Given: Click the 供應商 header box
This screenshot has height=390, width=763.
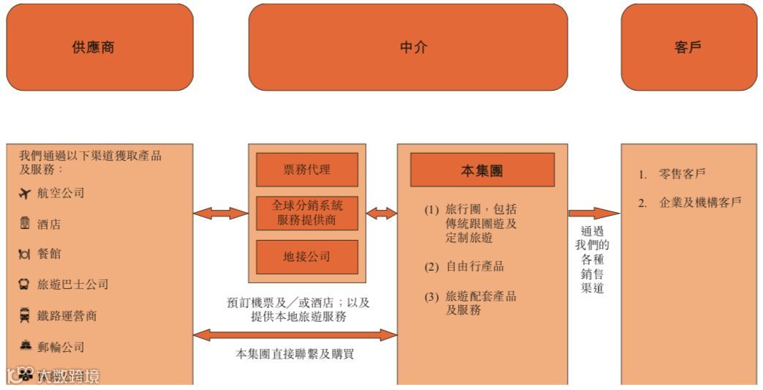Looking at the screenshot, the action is (99, 48).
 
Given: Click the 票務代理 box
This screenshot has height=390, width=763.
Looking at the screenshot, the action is (307, 170).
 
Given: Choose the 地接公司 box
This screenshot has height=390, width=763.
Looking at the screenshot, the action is (307, 257).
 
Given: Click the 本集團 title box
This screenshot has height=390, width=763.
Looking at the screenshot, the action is (481, 170).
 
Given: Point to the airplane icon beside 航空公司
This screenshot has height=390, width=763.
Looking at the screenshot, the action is (25, 193).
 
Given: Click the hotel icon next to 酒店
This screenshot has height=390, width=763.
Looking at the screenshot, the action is (24, 224).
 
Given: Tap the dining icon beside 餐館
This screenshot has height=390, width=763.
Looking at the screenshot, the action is (24, 254).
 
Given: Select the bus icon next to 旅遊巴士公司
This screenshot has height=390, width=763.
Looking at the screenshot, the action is (24, 285).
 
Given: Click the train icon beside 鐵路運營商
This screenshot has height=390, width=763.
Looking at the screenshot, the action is (24, 315).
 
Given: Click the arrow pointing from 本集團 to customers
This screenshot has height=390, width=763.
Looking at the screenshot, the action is (593, 214).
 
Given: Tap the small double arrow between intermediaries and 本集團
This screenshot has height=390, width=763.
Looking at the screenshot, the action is (381, 214).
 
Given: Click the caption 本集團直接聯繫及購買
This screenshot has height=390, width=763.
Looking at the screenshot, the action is (295, 354).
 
